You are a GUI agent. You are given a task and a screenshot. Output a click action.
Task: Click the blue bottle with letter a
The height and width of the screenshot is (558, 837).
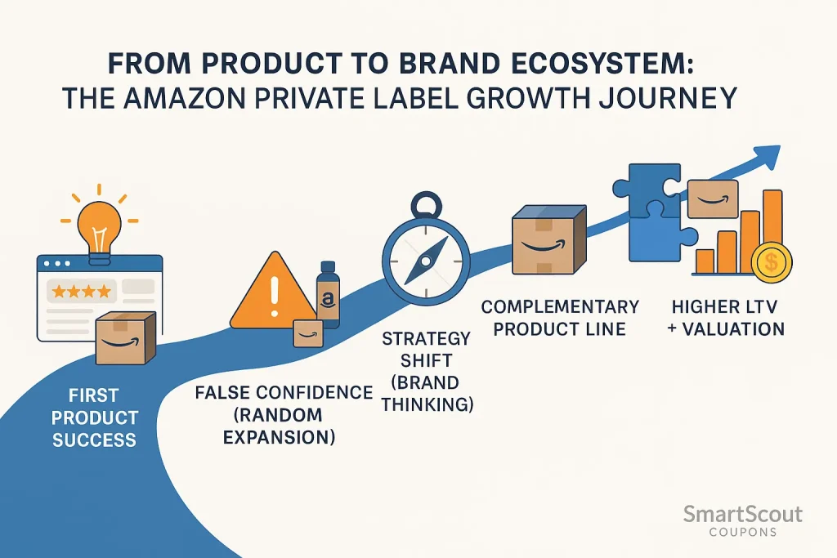tap(328, 297)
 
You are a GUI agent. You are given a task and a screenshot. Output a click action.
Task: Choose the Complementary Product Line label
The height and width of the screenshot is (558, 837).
tap(560, 318)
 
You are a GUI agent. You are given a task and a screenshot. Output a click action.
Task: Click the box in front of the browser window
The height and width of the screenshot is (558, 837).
tap(126, 337)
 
